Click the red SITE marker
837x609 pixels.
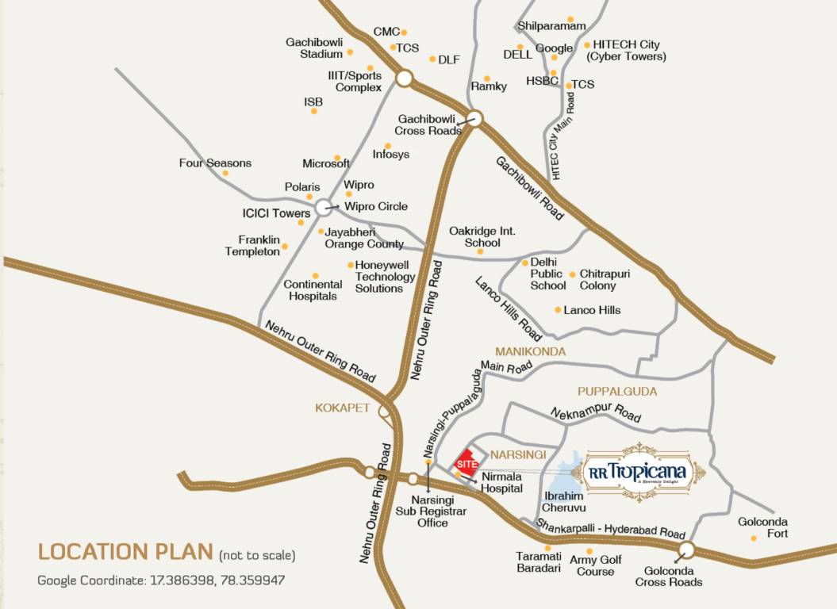466,462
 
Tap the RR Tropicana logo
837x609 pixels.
643,472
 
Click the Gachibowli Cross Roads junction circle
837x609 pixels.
474,119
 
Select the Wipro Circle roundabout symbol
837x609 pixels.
323,207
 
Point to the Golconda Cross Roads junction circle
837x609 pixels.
687,550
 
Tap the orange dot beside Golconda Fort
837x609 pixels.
754,538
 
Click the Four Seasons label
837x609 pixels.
215,163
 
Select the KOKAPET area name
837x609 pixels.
343,408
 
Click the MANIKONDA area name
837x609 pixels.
530,351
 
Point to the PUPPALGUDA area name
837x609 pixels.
617,391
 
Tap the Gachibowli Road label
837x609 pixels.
530,188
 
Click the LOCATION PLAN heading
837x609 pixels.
125,552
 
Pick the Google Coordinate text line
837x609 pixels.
161,580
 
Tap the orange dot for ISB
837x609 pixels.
314,111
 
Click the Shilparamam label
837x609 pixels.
551,26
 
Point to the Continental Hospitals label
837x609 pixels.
313,290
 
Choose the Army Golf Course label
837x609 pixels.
596,565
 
